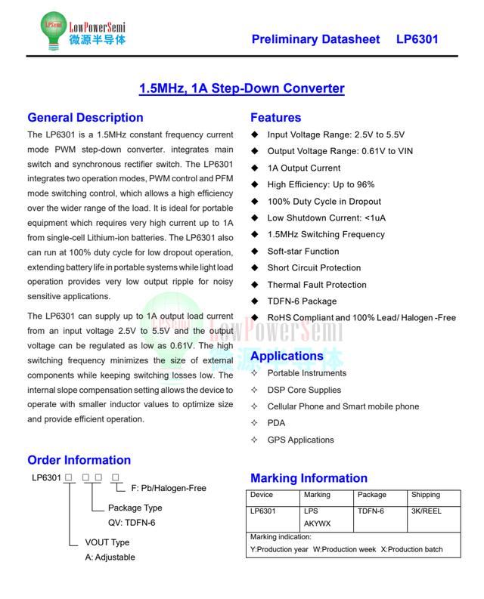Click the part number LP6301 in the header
coord(417,40)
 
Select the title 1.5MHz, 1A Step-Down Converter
coord(241,88)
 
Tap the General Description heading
coord(85,118)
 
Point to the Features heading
coord(275,118)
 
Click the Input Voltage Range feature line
coord(336,134)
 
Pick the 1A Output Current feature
coord(304,168)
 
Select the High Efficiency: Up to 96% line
coord(321,184)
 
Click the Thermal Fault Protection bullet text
coord(317,285)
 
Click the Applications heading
coord(287,356)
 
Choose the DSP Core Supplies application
coord(304,390)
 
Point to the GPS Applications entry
coord(300,440)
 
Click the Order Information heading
coord(79,460)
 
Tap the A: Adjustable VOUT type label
coord(110,557)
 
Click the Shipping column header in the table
coord(426,495)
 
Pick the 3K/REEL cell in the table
coord(427,511)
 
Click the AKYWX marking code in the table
coord(317,523)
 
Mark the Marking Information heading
coord(309,478)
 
